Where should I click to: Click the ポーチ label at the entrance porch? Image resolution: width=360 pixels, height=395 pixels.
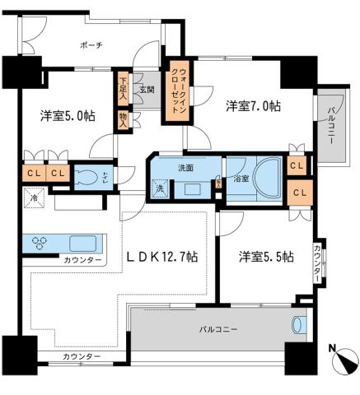click(92, 46)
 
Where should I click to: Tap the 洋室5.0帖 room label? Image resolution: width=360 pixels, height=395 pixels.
click(67, 116)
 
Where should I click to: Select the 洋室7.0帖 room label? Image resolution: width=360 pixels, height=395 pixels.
click(254, 105)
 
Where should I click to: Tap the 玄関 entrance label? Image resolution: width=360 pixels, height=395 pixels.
click(147, 89)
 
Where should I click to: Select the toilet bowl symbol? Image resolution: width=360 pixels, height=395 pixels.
click(86, 175)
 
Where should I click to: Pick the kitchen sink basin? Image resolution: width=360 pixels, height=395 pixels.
click(84, 244)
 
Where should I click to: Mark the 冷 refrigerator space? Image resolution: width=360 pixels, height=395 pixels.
click(35, 198)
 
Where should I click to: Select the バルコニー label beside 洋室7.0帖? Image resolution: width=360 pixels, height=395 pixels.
click(331, 123)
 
